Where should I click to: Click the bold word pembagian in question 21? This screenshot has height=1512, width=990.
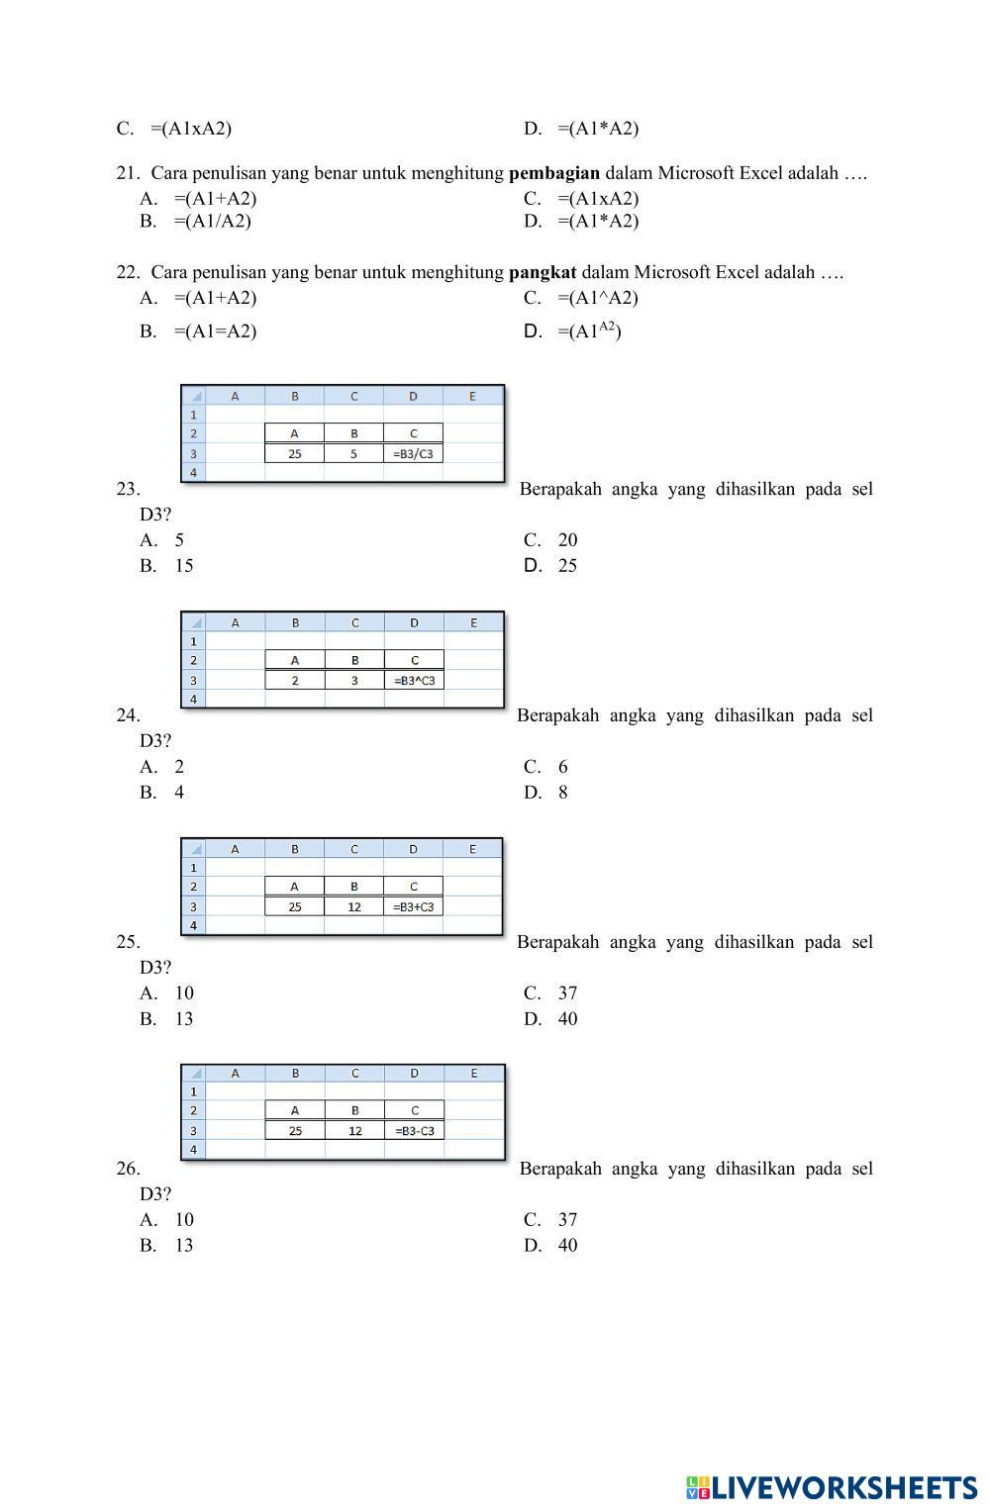click(x=553, y=173)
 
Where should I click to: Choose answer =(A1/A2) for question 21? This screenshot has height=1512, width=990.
click(x=212, y=222)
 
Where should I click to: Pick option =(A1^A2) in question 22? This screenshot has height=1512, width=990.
click(x=597, y=298)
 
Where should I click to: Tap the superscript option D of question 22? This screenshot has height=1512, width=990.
click(x=589, y=331)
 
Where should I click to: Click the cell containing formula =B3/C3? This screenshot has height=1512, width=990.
click(x=413, y=454)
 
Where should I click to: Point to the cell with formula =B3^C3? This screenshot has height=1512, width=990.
click(x=414, y=681)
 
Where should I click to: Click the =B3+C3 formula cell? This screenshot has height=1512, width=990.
click(x=413, y=907)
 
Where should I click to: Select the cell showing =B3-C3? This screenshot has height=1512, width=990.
click(x=414, y=1131)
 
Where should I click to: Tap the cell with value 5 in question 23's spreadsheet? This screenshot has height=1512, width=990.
click(x=353, y=454)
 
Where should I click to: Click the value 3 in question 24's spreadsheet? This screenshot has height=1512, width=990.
click(x=354, y=681)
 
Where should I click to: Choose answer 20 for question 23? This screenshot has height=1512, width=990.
click(x=566, y=540)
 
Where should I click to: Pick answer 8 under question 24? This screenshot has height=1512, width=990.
click(x=562, y=793)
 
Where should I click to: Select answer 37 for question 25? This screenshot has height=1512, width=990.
click(x=566, y=993)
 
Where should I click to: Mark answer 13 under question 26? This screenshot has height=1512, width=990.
click(x=183, y=1246)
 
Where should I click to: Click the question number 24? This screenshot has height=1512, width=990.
click(x=128, y=715)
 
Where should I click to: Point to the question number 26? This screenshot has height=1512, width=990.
click(x=128, y=1169)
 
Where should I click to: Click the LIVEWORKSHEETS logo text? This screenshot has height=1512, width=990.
click(x=842, y=1488)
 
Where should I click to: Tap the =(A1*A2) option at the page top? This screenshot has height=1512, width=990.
click(x=597, y=129)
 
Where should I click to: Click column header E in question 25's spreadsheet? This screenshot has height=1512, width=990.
click(x=472, y=849)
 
